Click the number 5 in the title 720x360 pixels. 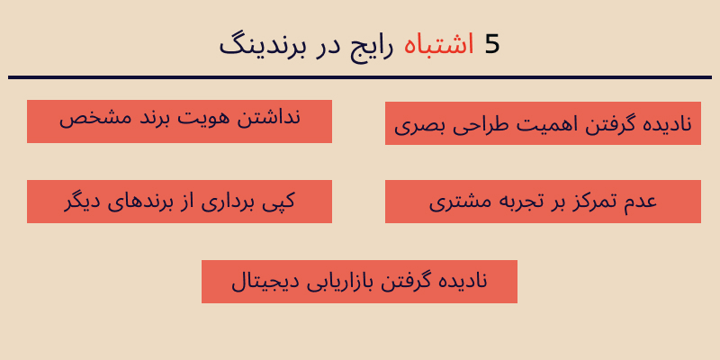[491, 44]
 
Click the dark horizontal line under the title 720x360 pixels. [360, 77]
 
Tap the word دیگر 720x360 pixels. [83, 202]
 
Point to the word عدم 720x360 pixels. [640, 201]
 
